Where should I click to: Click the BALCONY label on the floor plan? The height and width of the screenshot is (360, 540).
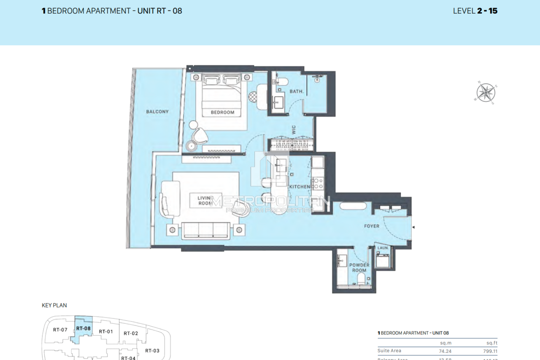157,112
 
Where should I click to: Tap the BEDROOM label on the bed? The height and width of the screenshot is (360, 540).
222,112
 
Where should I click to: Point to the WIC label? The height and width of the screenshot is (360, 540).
294,130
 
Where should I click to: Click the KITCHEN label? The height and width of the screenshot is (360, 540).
300,187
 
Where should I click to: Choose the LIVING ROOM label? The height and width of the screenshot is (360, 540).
206,200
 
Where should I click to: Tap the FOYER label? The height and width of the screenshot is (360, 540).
371,226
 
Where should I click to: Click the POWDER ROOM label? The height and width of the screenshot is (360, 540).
359,268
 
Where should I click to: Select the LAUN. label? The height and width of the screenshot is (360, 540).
383,248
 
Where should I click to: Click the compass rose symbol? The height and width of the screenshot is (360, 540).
486,92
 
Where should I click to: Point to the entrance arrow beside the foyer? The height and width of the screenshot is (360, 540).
413,227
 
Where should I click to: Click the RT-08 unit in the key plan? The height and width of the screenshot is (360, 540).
83,328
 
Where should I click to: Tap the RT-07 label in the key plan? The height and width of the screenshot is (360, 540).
60,330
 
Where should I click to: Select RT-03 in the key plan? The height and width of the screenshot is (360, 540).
152,350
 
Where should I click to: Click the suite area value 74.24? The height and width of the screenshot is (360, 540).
445,351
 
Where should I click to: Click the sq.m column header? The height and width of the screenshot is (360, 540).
445,343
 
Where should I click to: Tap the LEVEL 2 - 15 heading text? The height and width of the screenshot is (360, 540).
475,11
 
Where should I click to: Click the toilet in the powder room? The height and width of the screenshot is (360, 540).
361,278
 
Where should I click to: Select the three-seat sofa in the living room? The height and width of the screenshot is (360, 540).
206,230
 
